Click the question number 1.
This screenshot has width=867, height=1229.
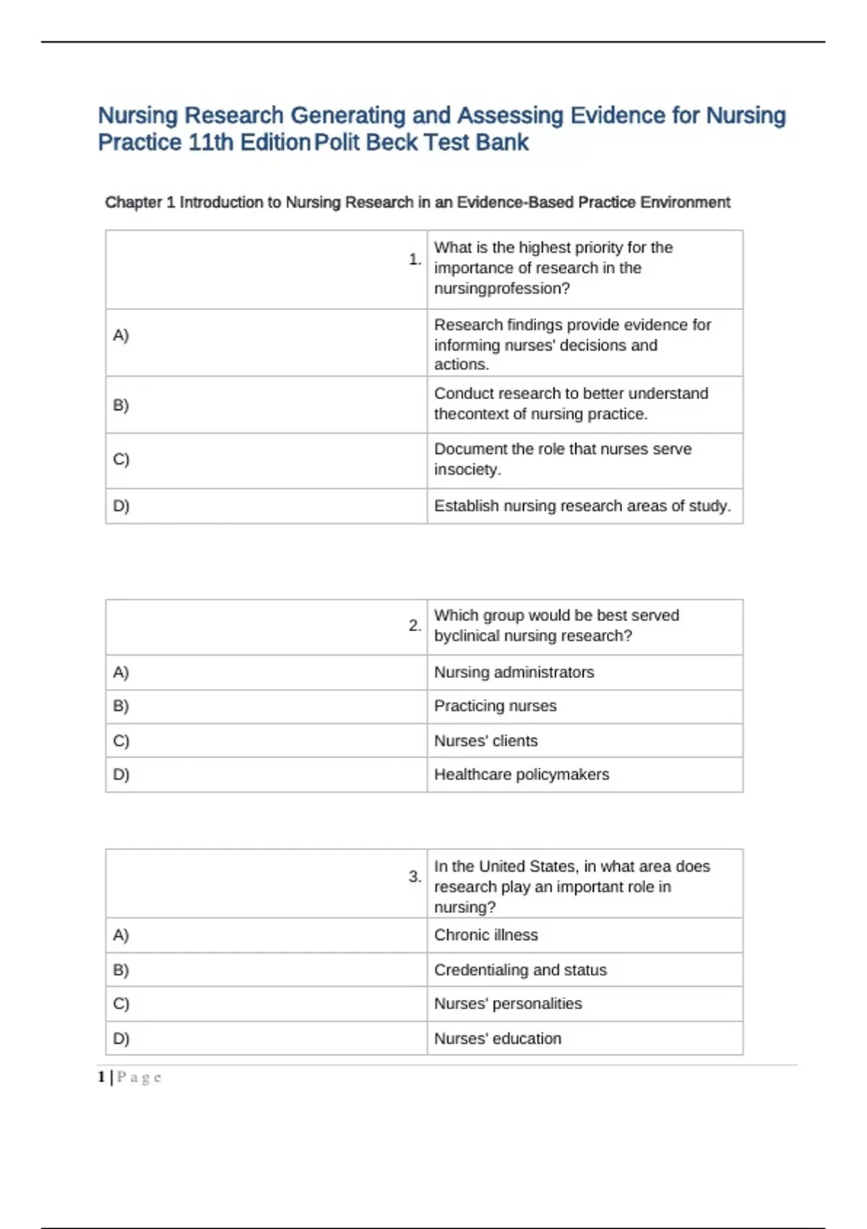(414, 259)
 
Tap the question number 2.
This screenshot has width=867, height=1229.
(414, 625)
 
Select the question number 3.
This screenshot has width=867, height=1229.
(414, 876)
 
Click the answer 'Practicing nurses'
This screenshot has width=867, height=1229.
(495, 706)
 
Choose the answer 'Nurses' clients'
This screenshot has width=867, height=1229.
(486, 740)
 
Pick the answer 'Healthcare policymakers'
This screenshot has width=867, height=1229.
(521, 774)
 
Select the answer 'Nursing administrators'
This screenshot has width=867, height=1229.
(514, 672)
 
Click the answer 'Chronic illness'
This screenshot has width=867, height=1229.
(486, 935)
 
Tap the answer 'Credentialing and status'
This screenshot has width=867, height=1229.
(520, 969)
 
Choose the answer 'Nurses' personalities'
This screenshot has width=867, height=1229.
(507, 1003)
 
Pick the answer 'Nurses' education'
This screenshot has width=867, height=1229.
(497, 1038)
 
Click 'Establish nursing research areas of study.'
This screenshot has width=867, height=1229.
(582, 505)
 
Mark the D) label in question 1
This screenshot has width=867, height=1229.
(121, 505)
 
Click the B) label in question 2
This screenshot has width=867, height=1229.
(121, 706)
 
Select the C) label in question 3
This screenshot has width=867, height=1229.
(121, 1003)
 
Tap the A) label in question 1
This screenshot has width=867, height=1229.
(121, 335)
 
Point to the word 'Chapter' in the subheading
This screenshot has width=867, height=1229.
(134, 202)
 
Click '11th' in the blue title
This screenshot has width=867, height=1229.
(210, 142)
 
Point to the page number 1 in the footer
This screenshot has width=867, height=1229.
(101, 1077)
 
